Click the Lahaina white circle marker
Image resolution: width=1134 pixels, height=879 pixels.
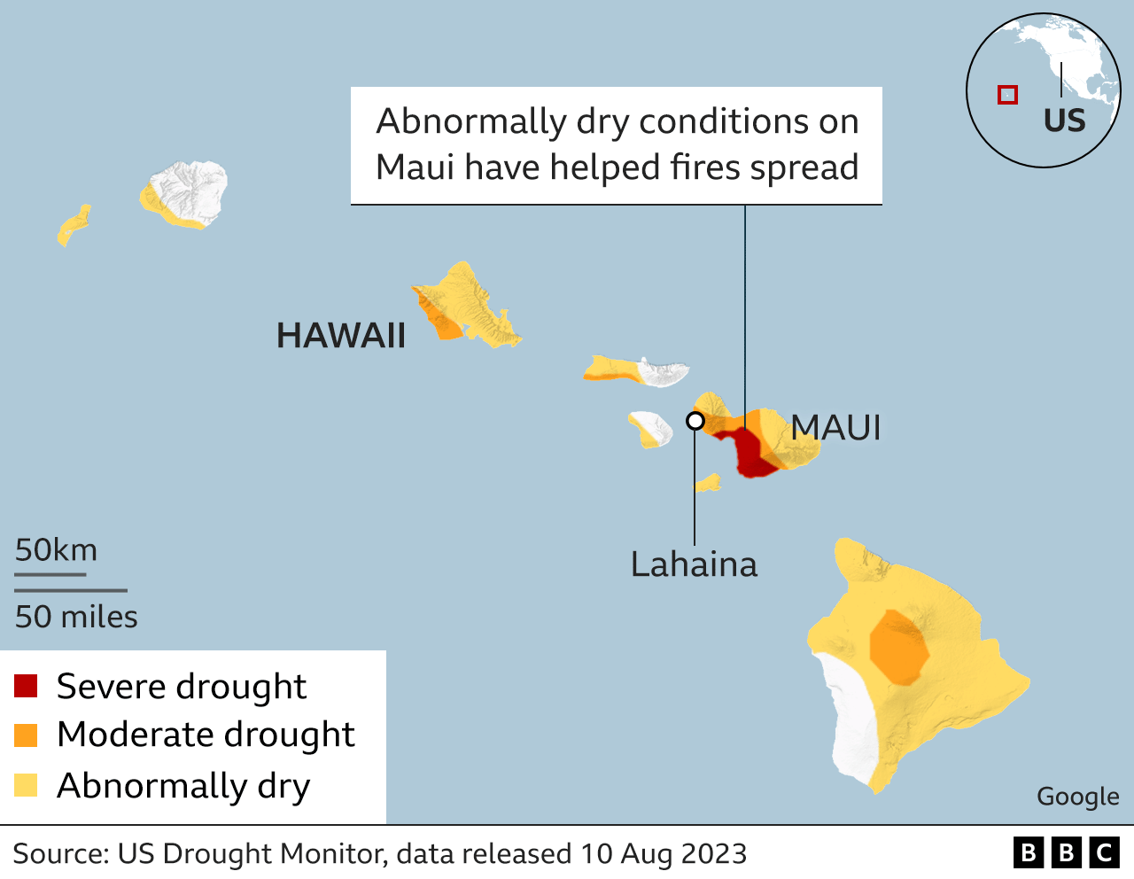pyautogui.click(x=695, y=421)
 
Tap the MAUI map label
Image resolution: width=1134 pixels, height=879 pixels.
pyautogui.click(x=835, y=428)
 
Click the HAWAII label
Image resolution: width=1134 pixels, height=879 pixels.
pyautogui.click(x=341, y=336)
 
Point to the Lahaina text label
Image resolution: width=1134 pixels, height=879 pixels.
pyautogui.click(x=694, y=564)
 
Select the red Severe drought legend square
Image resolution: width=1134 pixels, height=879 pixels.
pyautogui.click(x=26, y=686)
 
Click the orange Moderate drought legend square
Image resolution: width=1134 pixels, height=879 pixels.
pyautogui.click(x=26, y=735)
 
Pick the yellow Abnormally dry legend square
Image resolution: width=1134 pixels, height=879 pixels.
pyautogui.click(x=26, y=785)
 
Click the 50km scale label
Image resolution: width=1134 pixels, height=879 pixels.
pyautogui.click(x=56, y=550)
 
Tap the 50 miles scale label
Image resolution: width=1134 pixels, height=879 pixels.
pyautogui.click(x=76, y=617)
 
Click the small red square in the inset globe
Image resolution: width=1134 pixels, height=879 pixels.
pyautogui.click(x=1007, y=95)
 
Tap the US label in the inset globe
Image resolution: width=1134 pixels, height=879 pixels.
pyautogui.click(x=1064, y=121)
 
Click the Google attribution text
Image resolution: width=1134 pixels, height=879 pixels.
pyautogui.click(x=1077, y=797)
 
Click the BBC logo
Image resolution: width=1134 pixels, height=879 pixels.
pyautogui.click(x=1066, y=852)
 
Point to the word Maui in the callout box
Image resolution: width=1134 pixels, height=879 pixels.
pyautogui.click(x=414, y=167)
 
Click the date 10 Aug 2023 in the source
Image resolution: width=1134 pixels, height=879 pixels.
pyautogui.click(x=664, y=853)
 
